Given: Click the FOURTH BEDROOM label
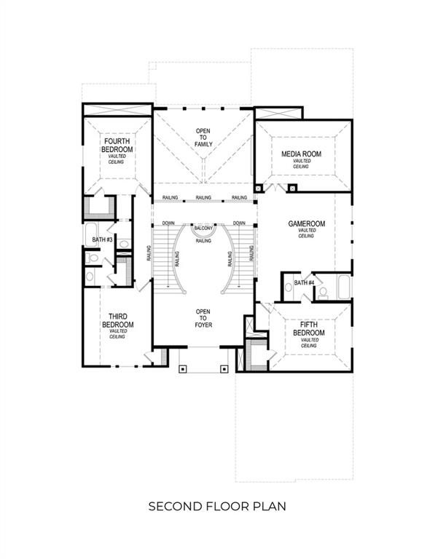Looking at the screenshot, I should tap(116, 145).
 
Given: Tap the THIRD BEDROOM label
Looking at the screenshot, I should tap(118, 320).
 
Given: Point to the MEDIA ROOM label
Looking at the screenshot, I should tap(302, 154).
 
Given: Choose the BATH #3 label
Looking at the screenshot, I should tap(97, 239).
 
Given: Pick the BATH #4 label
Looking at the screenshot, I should tap(304, 282).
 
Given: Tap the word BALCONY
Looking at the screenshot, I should tap(204, 228).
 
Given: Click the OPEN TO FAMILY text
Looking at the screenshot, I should tap(203, 138).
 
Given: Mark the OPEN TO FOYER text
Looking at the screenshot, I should tap(203, 318).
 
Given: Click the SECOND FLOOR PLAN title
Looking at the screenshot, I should tap(217, 505).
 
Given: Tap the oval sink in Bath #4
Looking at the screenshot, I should tap(289, 288).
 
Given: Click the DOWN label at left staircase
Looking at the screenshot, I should tap(168, 223).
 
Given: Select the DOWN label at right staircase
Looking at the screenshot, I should tap(238, 223).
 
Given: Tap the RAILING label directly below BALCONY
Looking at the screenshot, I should tap(204, 240).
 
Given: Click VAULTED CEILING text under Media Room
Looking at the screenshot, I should tap(302, 164).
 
